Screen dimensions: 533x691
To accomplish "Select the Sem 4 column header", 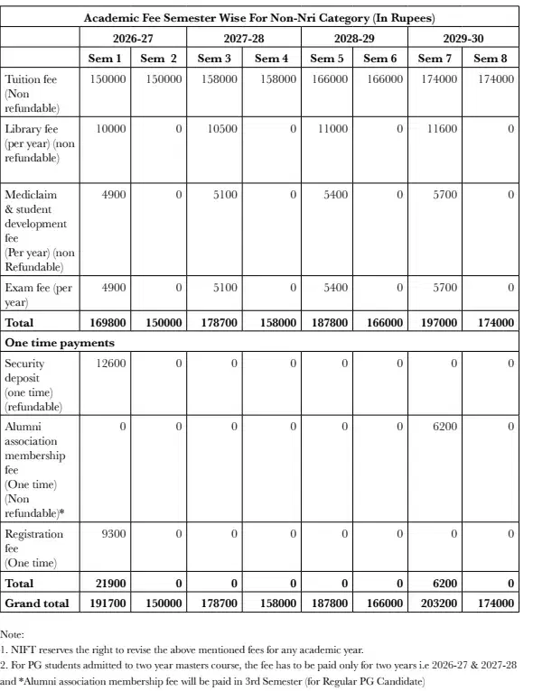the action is (x=268, y=59).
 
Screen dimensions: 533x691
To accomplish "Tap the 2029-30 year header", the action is (x=462, y=39).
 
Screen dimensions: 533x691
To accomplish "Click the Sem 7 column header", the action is (x=435, y=59).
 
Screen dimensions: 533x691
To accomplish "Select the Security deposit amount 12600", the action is (x=108, y=364).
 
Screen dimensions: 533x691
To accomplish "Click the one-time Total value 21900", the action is (x=108, y=584).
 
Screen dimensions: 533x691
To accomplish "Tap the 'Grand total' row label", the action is (x=37, y=603).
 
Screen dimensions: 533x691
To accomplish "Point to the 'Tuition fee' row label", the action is (x=31, y=79).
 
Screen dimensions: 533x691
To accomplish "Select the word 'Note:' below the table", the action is (x=13, y=635).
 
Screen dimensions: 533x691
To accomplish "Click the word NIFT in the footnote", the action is (x=23, y=650).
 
